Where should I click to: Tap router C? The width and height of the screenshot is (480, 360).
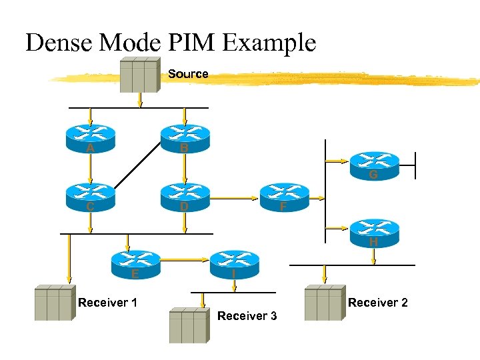point(90,197)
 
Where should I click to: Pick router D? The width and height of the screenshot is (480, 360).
point(185,197)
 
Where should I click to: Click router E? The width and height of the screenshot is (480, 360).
point(137,264)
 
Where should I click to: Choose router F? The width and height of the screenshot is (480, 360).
point(285,197)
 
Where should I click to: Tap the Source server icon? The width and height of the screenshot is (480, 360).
point(140,74)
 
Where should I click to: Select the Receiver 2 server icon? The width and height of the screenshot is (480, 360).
point(324,304)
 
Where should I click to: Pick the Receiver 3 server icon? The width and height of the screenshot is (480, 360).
point(189,325)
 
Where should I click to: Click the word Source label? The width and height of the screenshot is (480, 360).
point(188,74)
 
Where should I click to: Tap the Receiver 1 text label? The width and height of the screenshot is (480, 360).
point(107,303)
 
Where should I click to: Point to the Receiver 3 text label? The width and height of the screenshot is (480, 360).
point(247,316)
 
